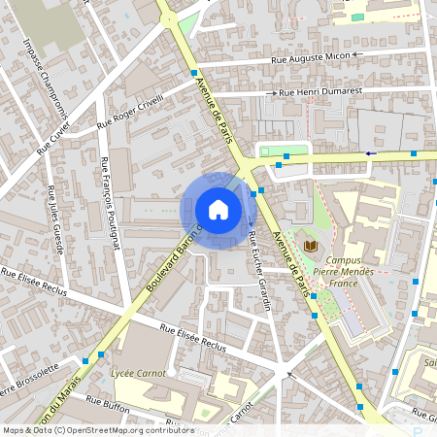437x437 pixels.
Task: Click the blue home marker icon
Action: pyautogui.click(x=218, y=210)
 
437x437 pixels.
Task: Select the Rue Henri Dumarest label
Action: pyautogui.click(x=319, y=91)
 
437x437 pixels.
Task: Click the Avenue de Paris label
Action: pyautogui.click(x=217, y=109)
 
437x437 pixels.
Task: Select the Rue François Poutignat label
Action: pyautogui.click(x=109, y=205)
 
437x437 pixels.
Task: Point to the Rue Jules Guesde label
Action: pyautogui.click(x=54, y=218)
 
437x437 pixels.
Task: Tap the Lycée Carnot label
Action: pyautogui.click(x=138, y=372)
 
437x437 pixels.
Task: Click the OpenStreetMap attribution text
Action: pyautogui.click(x=98, y=430)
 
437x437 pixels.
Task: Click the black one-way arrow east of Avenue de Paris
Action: pyautogui.click(x=370, y=153)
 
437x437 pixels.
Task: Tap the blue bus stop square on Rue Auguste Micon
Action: pyautogui.click(x=194, y=73)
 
